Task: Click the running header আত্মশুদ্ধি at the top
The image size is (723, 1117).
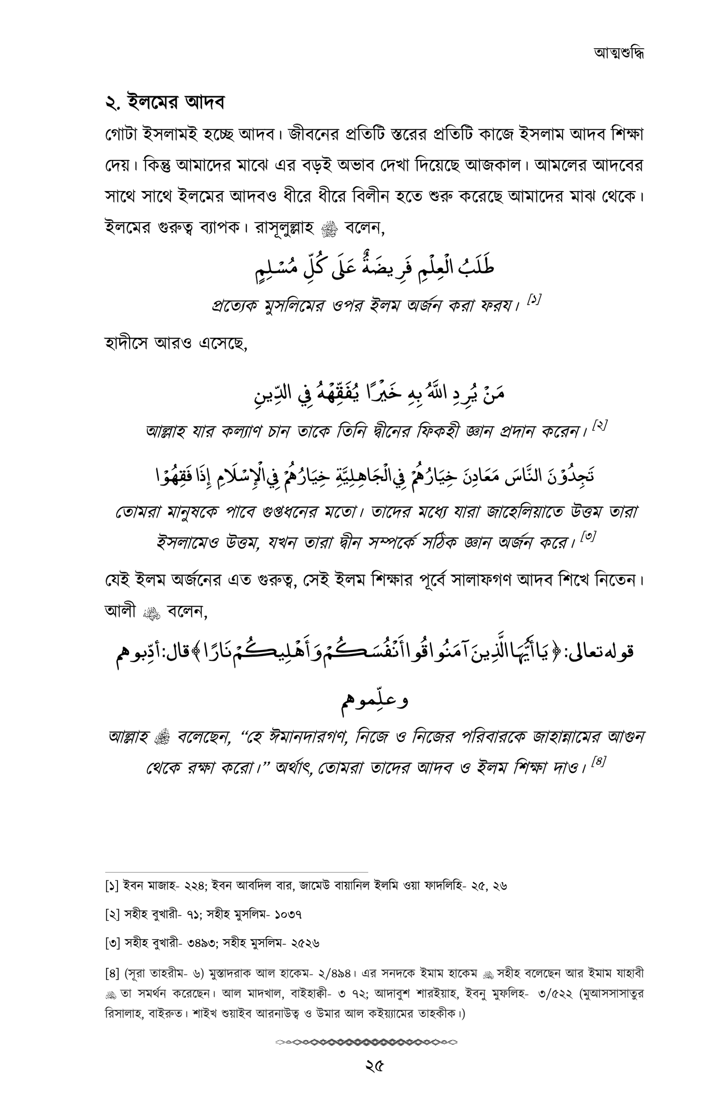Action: [618, 53]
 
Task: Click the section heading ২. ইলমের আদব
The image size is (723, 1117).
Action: [165, 103]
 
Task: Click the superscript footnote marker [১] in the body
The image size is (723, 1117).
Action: [534, 299]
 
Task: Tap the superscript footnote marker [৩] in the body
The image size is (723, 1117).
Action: [588, 536]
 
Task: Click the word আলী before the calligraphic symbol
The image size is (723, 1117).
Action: [120, 611]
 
